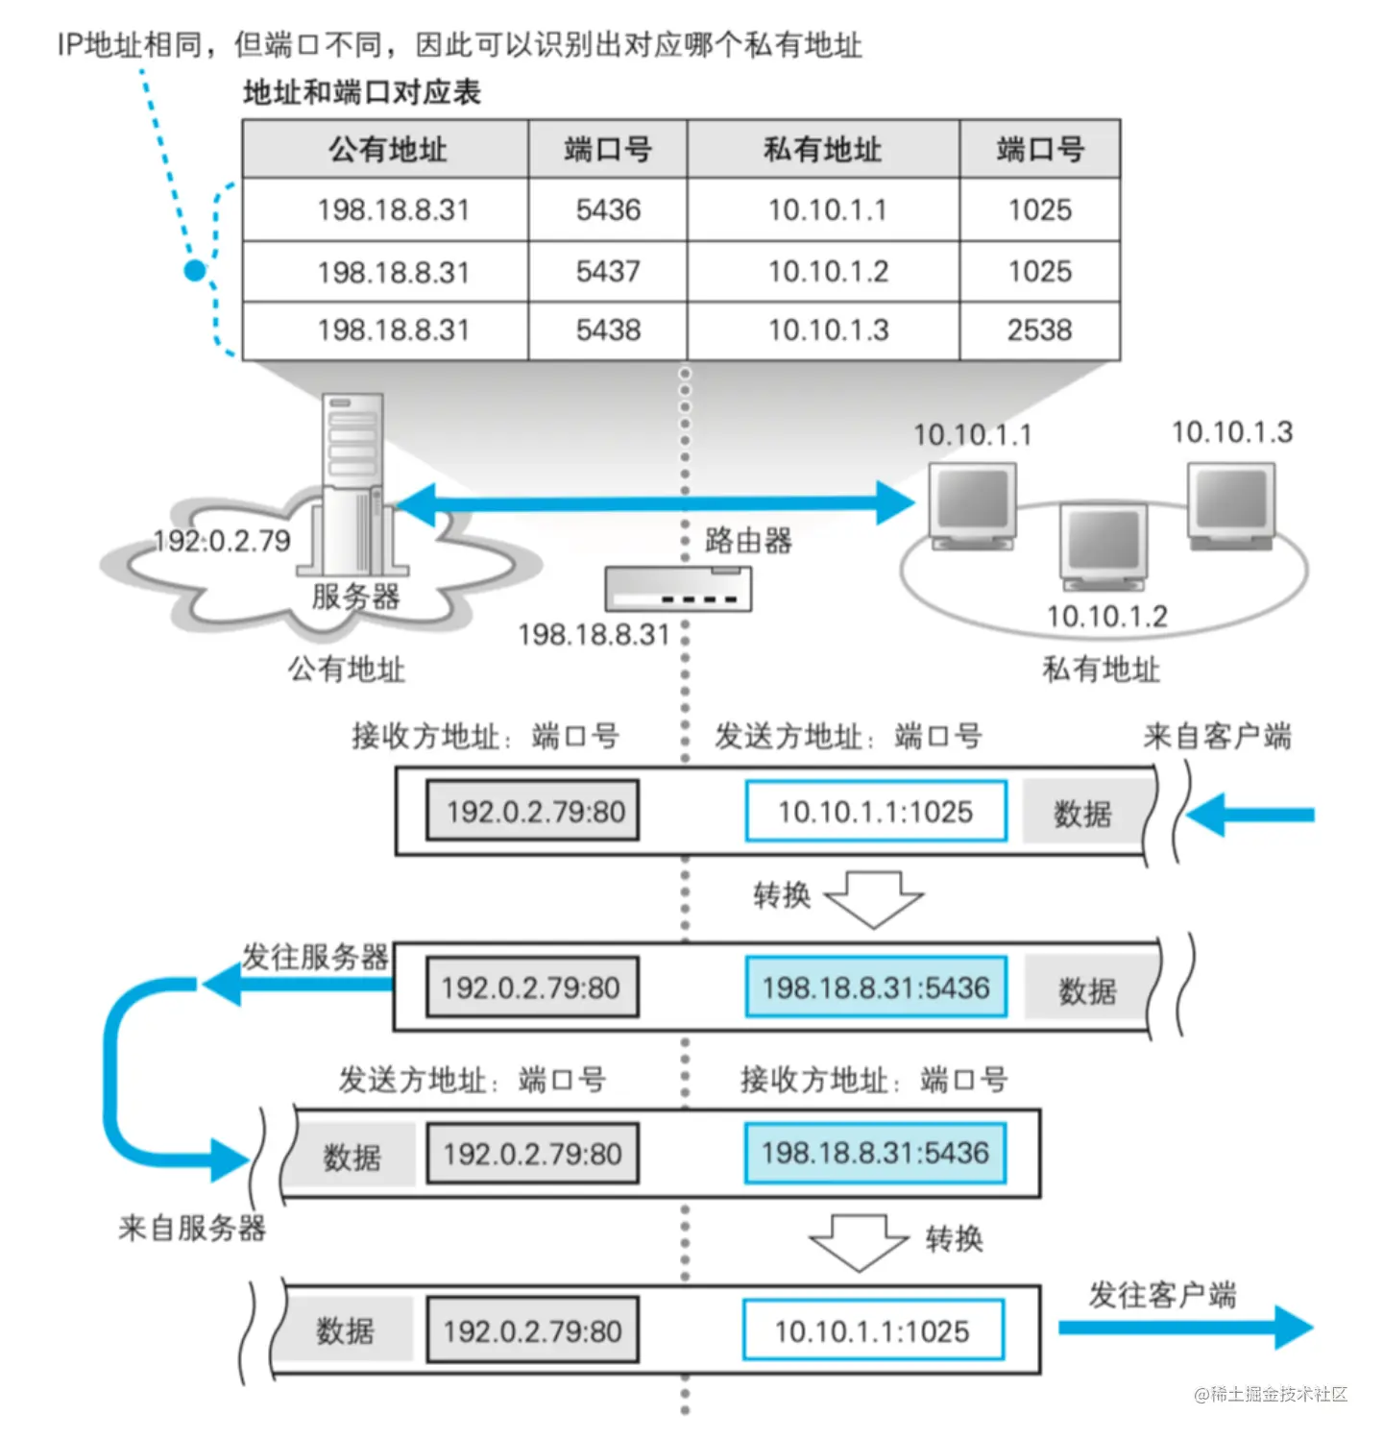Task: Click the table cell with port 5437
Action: click(608, 272)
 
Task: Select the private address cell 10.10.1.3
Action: click(828, 330)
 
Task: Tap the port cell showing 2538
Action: click(1039, 330)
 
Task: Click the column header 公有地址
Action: click(387, 150)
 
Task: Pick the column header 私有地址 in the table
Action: click(822, 150)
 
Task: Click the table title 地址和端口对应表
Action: click(362, 92)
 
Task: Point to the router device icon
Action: click(678, 589)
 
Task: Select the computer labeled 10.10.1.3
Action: click(1231, 504)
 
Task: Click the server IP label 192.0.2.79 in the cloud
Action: click(223, 541)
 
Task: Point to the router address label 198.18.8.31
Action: click(594, 635)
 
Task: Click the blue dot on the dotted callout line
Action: click(195, 271)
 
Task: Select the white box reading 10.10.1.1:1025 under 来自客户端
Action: click(875, 812)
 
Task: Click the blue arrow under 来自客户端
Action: click(1249, 815)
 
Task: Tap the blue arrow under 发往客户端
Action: click(1187, 1328)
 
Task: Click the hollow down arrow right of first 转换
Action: click(874, 898)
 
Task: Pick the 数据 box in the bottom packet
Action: click(345, 1330)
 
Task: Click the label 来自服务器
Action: click(192, 1227)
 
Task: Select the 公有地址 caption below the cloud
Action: click(347, 669)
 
